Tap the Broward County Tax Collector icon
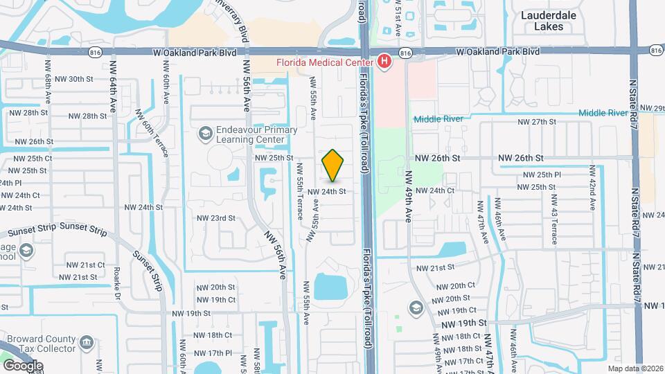(87, 342)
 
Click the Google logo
(22, 366)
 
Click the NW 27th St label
(538, 122)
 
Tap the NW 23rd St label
(216, 218)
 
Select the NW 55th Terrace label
(300, 191)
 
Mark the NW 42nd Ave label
(592, 188)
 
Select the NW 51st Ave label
(398, 19)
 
